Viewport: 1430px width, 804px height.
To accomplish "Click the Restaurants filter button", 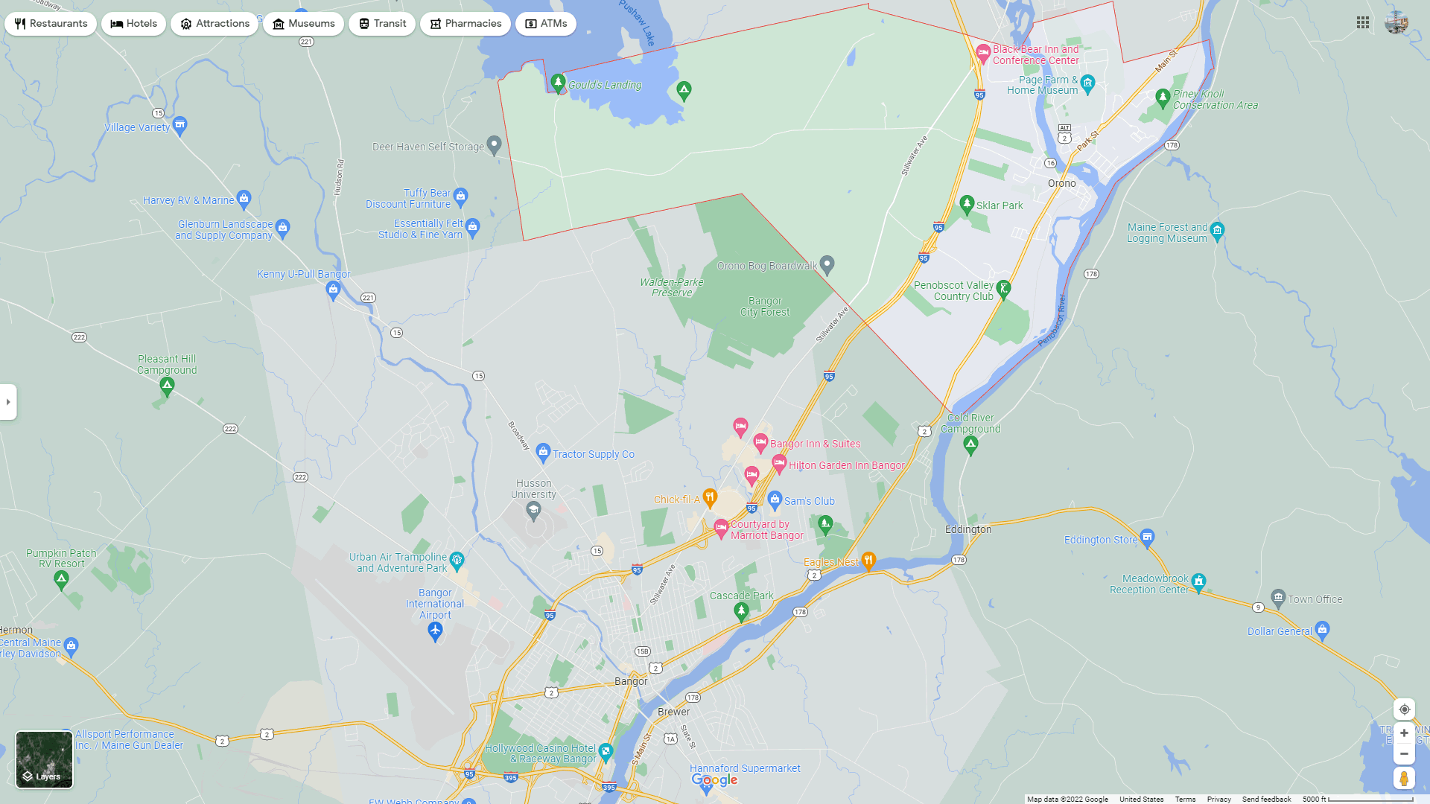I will (51, 24).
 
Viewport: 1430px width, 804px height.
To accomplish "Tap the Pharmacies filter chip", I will (465, 24).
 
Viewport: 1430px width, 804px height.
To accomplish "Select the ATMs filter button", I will (545, 24).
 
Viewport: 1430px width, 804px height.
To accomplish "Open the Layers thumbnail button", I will (45, 759).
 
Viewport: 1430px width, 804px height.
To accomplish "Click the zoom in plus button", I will (1404, 733).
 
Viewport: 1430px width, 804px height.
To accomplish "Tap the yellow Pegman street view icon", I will (1404, 779).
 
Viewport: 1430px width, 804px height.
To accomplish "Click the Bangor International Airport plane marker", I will (436, 632).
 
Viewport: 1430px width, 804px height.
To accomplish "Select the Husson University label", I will (533, 489).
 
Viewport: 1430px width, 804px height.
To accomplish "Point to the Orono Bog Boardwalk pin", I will (827, 264).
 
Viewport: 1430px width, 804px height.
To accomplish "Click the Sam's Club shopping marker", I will (775, 499).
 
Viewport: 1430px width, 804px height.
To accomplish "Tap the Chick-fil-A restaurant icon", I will (710, 497).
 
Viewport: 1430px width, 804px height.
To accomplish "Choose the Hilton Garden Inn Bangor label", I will (847, 465).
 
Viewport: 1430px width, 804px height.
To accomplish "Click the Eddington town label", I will (968, 529).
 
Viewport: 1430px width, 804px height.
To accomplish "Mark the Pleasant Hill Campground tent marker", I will (167, 386).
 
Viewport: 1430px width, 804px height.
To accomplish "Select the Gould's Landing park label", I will (604, 85).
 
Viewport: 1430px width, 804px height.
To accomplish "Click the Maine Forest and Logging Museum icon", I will (1217, 230).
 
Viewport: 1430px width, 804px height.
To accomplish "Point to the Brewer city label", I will (673, 712).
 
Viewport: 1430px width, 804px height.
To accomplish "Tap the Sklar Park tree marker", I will (967, 203).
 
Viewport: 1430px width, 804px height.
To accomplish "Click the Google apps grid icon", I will (1363, 23).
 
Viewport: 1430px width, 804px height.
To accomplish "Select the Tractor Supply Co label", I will (593, 454).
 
